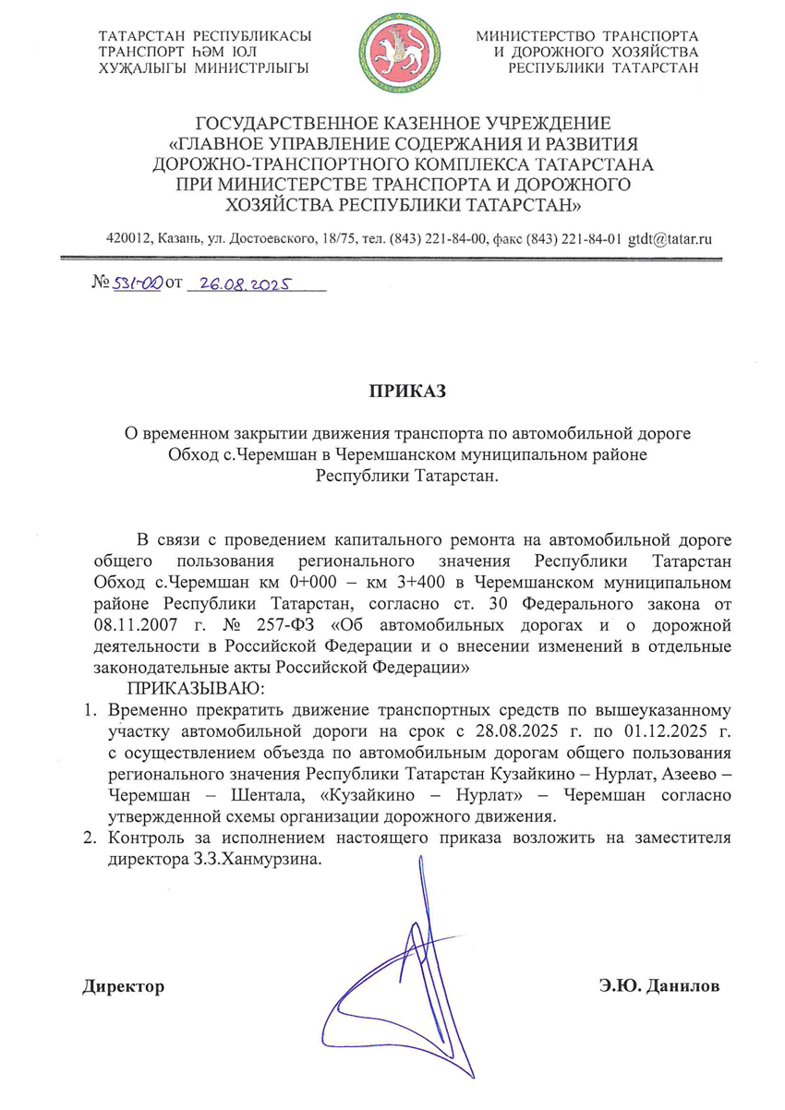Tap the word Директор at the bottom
(x=124, y=986)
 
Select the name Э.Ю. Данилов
(x=658, y=986)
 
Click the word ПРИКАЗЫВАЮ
(x=196, y=689)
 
